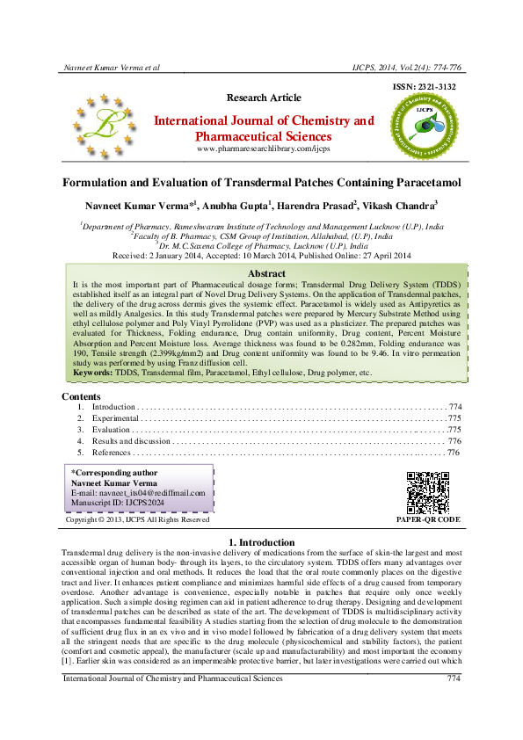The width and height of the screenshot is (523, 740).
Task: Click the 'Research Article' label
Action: (x=261, y=97)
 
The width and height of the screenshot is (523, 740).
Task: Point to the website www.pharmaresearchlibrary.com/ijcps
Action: (x=263, y=149)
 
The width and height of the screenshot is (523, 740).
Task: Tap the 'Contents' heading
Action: (x=82, y=396)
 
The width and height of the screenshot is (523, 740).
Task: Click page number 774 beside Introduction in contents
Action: (x=454, y=407)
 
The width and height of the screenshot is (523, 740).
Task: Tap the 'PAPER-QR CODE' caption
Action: (x=428, y=519)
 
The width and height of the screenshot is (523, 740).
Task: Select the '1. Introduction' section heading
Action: (x=261, y=541)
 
